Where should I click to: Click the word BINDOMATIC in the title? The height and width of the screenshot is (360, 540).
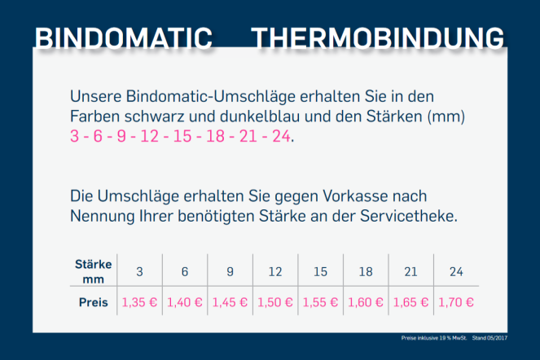124,37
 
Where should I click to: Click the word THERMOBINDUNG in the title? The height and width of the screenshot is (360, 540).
377,37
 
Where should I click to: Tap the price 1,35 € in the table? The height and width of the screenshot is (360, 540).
139,302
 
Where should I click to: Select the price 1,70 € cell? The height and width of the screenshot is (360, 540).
456,302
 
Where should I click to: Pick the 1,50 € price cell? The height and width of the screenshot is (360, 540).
275,302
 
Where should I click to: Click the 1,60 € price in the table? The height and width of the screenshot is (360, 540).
366,302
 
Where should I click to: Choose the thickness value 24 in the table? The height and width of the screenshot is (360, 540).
456,272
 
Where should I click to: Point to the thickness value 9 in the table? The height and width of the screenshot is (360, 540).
230,272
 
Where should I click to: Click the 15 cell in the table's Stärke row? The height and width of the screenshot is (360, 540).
320,272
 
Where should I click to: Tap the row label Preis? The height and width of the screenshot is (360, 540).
94,302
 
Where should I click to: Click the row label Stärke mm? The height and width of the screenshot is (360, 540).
94,271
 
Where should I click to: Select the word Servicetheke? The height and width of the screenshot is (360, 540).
409,217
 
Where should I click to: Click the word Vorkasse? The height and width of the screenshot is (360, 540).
355,196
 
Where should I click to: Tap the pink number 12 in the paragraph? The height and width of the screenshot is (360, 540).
150,136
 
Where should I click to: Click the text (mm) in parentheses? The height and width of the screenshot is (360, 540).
446,116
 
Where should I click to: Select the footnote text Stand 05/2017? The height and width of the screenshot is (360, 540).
490,338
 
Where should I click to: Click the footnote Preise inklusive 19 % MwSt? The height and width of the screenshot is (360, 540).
434,338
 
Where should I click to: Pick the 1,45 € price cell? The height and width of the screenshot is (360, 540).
230,302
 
